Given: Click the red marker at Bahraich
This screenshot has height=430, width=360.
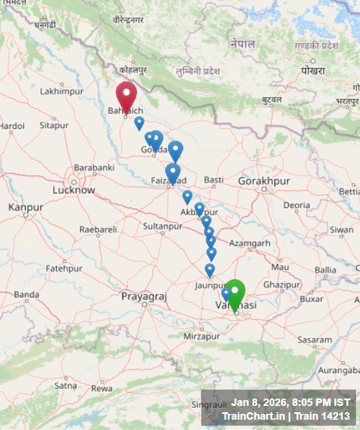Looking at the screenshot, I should tap(126, 95).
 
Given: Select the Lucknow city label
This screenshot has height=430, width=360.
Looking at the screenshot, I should tap(73, 190).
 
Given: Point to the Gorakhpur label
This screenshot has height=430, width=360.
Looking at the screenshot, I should tap(264, 181).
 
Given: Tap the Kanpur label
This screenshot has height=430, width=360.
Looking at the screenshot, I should tap(26, 207).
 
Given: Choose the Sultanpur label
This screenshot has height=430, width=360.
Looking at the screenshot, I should tap(162, 226).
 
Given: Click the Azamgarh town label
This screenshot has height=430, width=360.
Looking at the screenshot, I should tap(249, 243).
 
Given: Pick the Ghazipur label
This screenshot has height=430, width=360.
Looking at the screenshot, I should tap(281, 284).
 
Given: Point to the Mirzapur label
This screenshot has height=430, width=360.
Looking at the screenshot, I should tap(201, 337).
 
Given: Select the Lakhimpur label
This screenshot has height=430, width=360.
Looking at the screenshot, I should tap(61, 91).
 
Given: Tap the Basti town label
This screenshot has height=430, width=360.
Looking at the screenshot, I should tap(213, 179).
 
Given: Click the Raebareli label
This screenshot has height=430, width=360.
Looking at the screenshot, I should tap(97, 229).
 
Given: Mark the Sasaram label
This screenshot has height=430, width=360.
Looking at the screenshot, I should tap(315, 339).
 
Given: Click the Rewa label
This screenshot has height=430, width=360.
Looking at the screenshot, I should tap(102, 388).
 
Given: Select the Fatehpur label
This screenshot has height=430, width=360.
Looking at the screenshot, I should tap(64, 268).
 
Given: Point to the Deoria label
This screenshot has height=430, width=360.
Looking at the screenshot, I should tap(296, 205).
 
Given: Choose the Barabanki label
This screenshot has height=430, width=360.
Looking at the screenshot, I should tap(94, 167).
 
